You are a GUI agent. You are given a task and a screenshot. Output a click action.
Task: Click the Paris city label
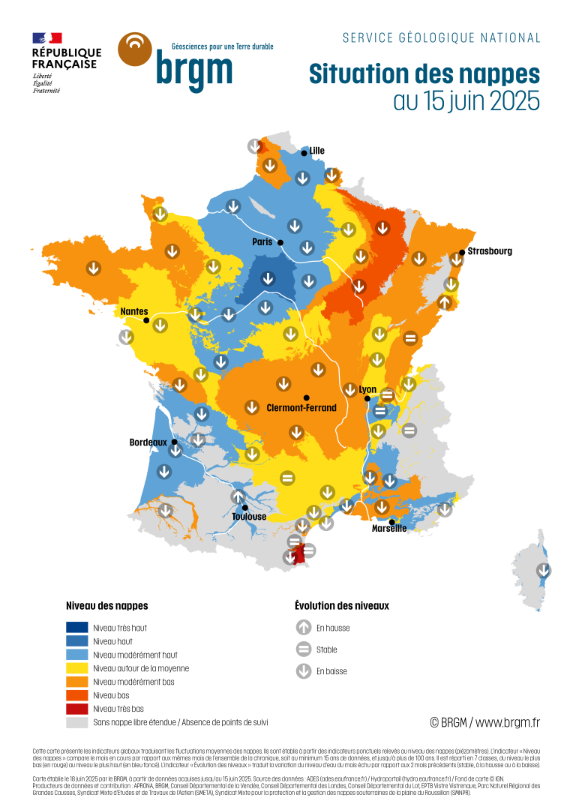pyautogui.click(x=262, y=242)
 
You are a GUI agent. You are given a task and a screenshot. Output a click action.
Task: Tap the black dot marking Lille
pyautogui.click(x=304, y=153)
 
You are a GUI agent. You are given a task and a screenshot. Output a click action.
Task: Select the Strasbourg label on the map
pyautogui.click(x=490, y=251)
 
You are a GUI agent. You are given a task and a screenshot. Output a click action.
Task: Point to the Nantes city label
pyautogui.click(x=134, y=311)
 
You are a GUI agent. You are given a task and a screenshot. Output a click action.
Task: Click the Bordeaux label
pyautogui.click(x=148, y=442)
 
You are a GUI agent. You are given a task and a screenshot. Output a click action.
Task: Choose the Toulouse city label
pyautogui.click(x=249, y=517)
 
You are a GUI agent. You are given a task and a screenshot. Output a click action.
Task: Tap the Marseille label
pyautogui.click(x=389, y=528)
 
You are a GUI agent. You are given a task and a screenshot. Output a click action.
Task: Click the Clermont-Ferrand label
pyautogui.click(x=301, y=408)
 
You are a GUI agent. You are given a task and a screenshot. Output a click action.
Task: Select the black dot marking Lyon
pyautogui.click(x=367, y=398)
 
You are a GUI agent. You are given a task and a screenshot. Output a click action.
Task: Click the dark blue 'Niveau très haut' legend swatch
pyautogui.click(x=77, y=628)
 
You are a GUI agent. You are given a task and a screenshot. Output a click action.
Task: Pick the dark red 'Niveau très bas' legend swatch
pyautogui.click(x=77, y=709)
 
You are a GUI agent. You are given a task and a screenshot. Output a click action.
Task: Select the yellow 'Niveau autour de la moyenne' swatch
pyautogui.click(x=77, y=668)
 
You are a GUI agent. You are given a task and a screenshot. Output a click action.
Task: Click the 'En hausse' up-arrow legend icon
pyautogui.click(x=304, y=628)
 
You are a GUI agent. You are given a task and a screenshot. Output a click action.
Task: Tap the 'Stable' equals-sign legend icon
pyautogui.click(x=304, y=649)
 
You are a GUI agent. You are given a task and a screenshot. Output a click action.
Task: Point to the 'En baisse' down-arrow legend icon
pyautogui.click(x=304, y=671)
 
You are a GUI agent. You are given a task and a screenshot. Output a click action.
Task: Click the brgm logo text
pyautogui.click(x=194, y=70)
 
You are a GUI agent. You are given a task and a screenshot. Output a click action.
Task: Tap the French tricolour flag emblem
pyautogui.click(x=47, y=38)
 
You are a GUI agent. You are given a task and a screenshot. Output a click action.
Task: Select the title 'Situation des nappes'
pyautogui.click(x=424, y=74)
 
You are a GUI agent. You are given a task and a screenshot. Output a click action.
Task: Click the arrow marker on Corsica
pyautogui.click(x=544, y=571)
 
